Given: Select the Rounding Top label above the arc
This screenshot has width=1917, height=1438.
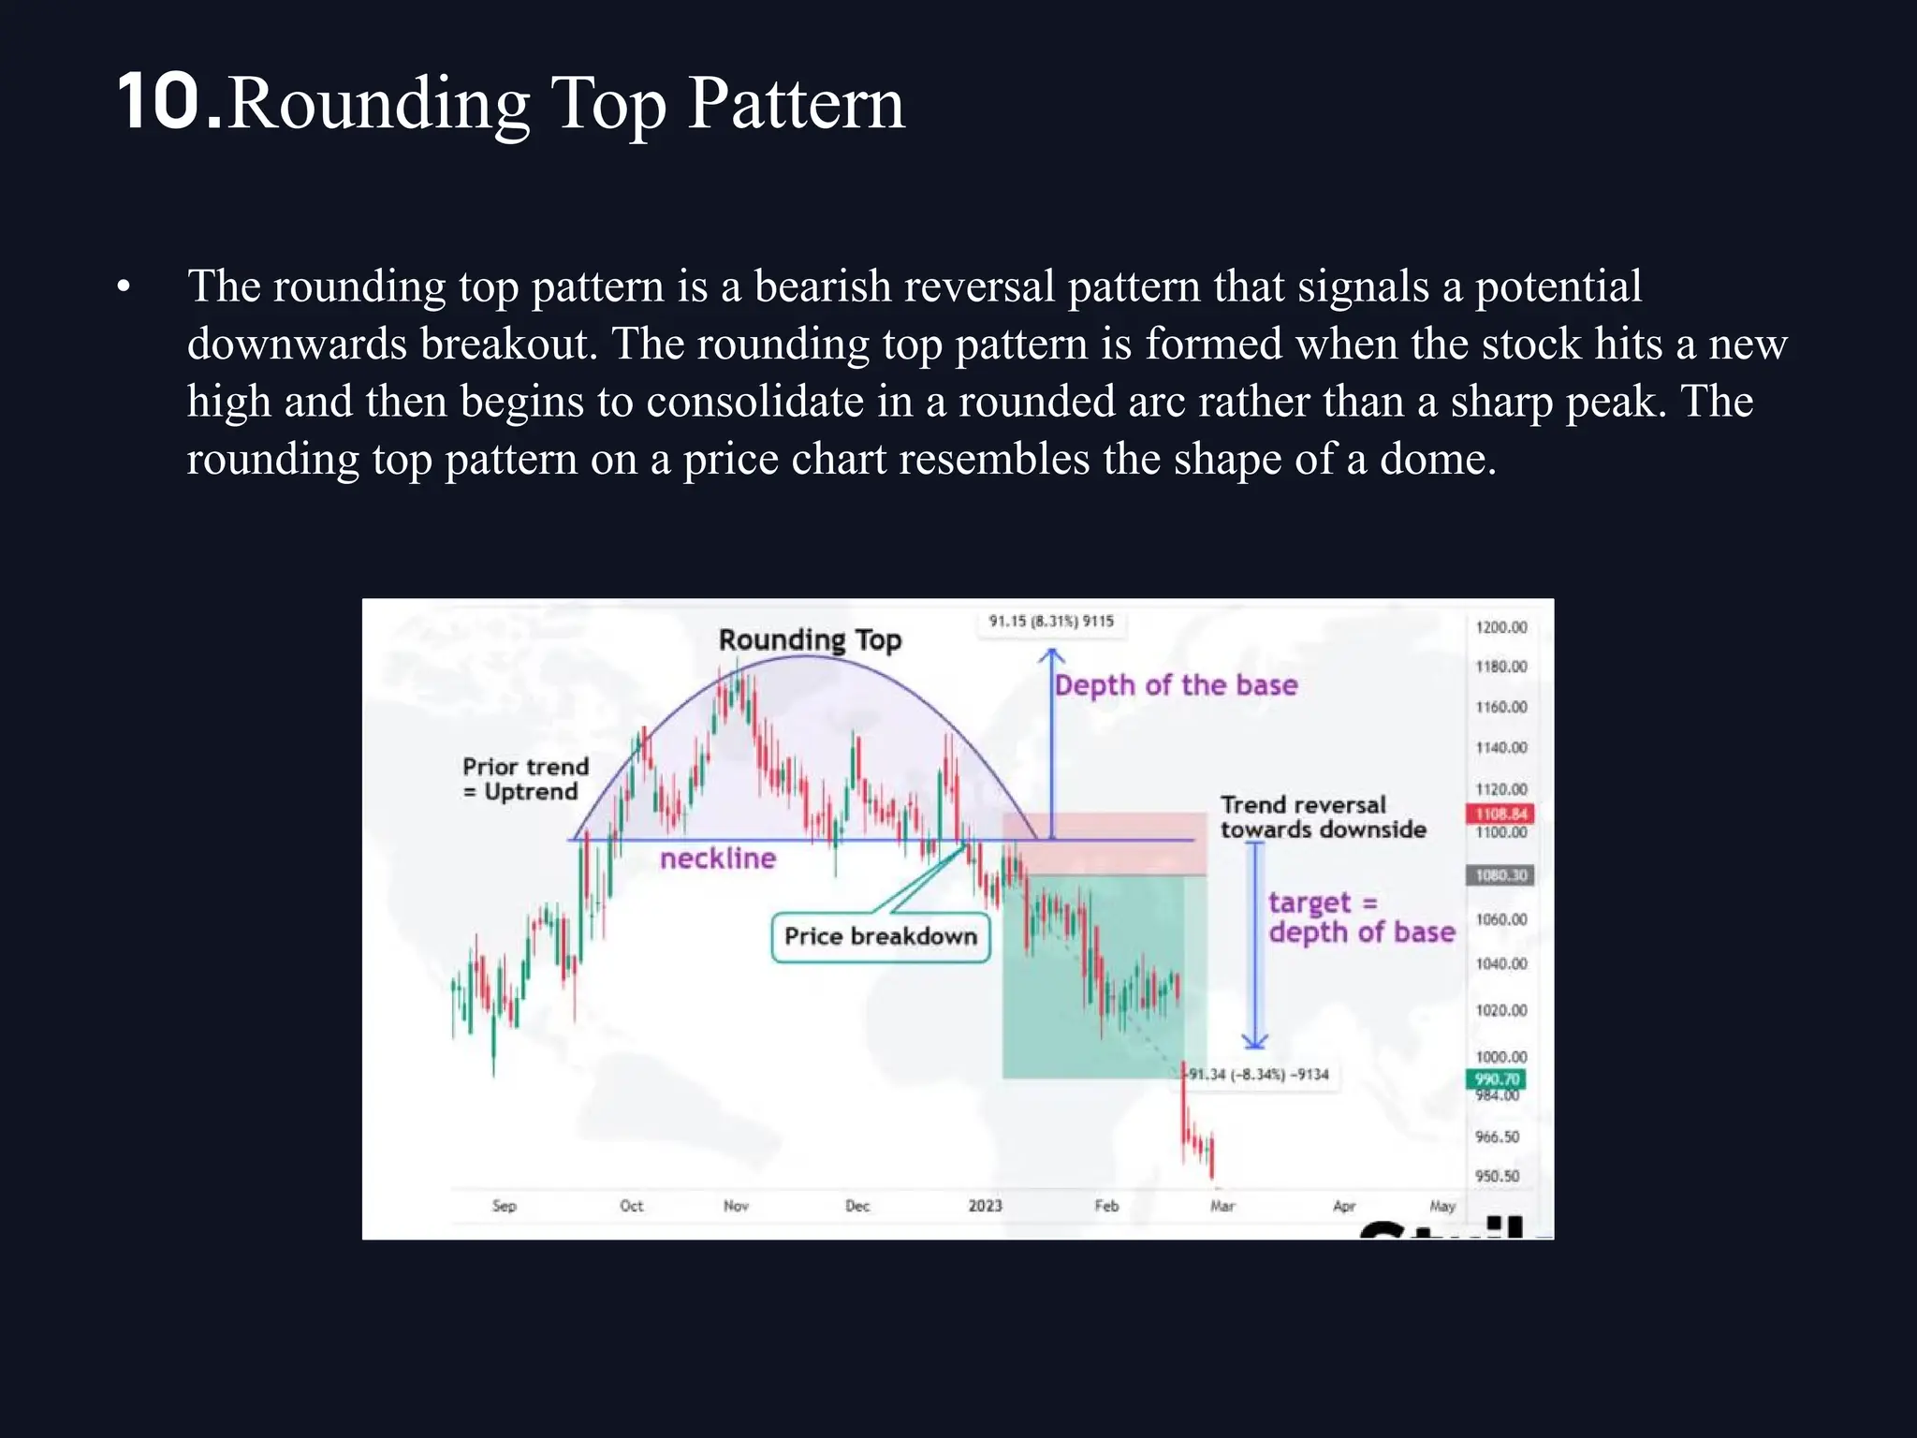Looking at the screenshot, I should point(810,639).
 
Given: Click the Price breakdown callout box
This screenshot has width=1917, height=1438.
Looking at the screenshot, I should point(880,936).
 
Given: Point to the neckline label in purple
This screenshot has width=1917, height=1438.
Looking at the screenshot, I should point(718,858).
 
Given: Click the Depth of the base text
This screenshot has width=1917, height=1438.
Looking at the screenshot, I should point(1176,685).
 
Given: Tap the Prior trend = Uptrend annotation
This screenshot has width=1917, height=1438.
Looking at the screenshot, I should point(525,779).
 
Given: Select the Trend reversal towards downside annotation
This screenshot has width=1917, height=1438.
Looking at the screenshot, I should point(1323,817).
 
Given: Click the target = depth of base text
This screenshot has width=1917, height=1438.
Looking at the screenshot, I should point(1361,917).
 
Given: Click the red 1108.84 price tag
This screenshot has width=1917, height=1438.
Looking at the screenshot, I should point(1500,814).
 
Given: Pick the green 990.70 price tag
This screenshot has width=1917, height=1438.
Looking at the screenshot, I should point(1496,1078).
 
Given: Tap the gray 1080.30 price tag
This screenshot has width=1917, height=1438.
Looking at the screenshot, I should point(1500,875).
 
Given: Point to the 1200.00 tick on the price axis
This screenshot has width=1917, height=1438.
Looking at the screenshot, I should point(1500,627).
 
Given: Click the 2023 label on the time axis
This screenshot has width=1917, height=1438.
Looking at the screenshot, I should point(985,1206).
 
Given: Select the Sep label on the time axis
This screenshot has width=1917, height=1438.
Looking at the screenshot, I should point(504,1206).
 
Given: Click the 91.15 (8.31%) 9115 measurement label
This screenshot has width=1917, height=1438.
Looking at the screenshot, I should point(1051,622).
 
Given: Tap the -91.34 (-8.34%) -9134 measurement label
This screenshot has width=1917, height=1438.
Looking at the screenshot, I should point(1258,1075).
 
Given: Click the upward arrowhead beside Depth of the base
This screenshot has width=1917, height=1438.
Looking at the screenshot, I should point(1051,654).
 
